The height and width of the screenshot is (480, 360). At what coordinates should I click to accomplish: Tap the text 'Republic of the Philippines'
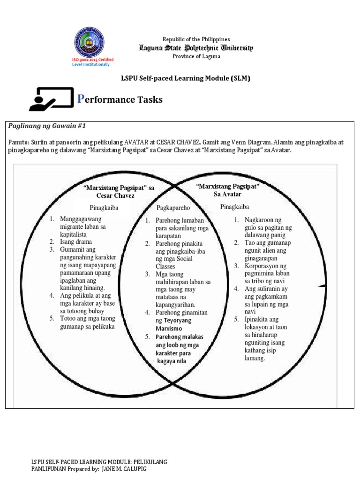click(196, 39)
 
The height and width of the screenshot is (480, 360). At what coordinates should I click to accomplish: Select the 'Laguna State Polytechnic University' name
click(196, 48)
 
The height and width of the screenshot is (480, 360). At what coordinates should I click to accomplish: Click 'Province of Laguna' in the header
click(196, 56)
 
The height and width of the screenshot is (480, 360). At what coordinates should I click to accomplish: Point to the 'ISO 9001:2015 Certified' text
click(92, 60)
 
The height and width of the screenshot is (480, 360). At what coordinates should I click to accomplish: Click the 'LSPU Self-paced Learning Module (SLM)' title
click(186, 78)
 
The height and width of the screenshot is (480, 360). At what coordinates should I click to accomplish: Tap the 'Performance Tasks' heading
click(120, 99)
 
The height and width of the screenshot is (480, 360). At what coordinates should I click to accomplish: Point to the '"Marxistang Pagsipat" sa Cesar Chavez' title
click(119, 192)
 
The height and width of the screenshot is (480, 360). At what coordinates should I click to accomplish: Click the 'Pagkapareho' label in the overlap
click(173, 207)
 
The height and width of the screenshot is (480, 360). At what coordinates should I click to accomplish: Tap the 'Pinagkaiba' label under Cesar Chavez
click(104, 207)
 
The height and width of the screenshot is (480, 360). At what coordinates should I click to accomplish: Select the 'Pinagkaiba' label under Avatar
click(234, 206)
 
